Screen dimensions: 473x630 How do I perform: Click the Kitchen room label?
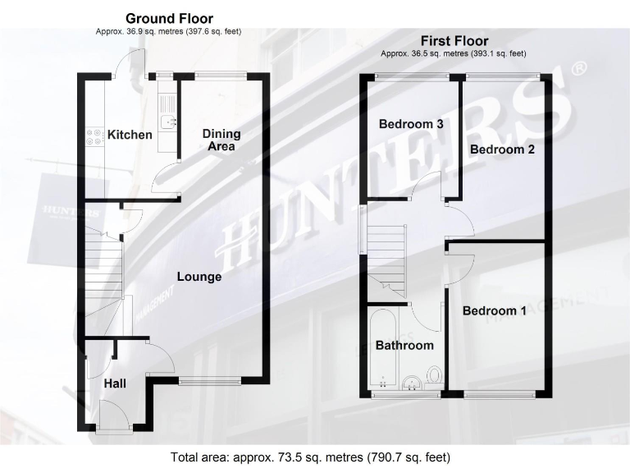coord(130,135)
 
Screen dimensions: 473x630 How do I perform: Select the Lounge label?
coord(199,277)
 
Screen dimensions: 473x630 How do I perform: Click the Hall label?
coord(115,384)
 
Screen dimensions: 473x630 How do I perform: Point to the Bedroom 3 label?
coord(411,124)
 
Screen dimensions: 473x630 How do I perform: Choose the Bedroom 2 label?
coord(502,149)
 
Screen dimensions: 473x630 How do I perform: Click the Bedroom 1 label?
coord(495,311)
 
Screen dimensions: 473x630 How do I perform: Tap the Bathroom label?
coord(404,346)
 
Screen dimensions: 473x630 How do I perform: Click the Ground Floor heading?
coord(169,18)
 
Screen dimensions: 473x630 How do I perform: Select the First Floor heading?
coord(454,40)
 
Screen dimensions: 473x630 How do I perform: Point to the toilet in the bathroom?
coord(435,377)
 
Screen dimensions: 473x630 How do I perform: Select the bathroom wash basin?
coord(412,382)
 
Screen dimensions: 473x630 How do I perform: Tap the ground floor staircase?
coord(102,279)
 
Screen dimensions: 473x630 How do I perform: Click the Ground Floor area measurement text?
coord(169,31)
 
